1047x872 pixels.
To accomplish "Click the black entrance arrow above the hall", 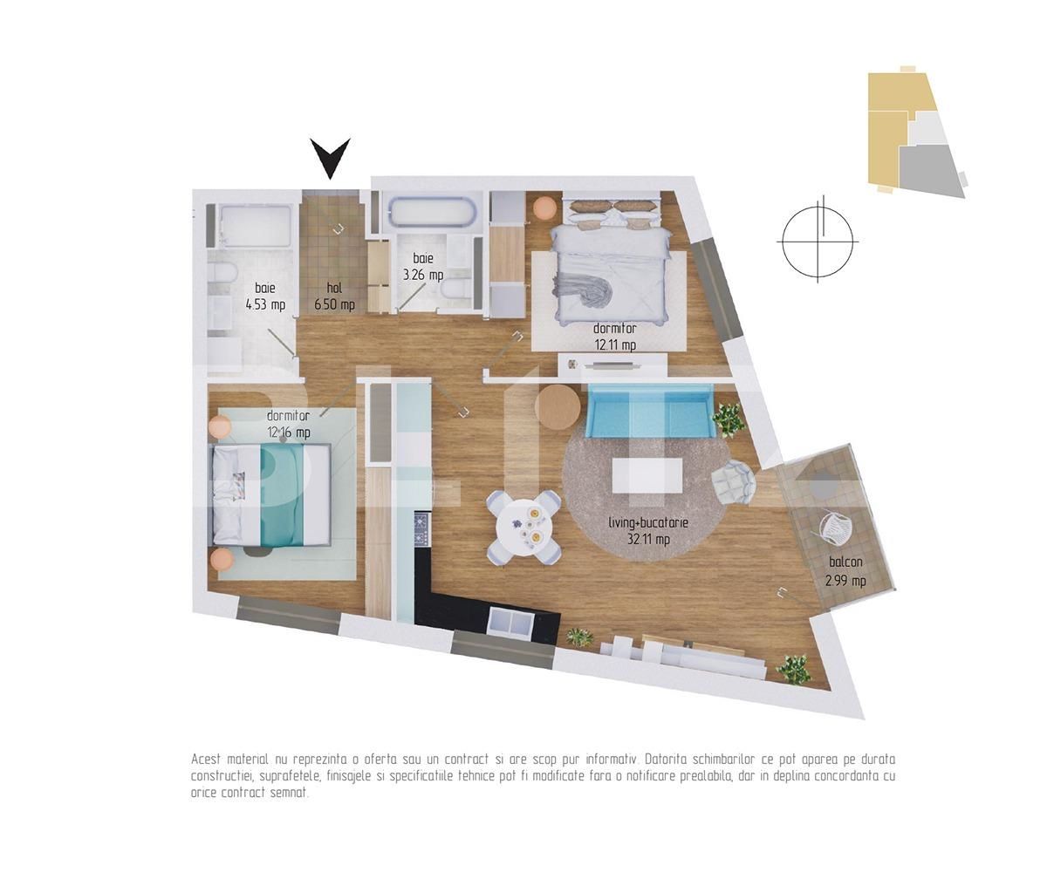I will pyautogui.click(x=331, y=157).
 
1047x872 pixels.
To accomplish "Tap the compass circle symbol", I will pyautogui.click(x=818, y=241).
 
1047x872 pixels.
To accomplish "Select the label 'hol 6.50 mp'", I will pyautogui.click(x=334, y=296).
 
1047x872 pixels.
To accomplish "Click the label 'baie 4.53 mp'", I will pyautogui.click(x=265, y=296).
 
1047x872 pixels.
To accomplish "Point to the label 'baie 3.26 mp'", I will pyautogui.click(x=423, y=267).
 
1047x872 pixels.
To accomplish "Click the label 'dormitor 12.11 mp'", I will pyautogui.click(x=614, y=337).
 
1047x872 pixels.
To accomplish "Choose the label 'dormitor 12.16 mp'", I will pyautogui.click(x=288, y=424).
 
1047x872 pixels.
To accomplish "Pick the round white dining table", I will pyautogui.click(x=523, y=527).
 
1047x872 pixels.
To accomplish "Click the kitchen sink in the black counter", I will pyautogui.click(x=510, y=622).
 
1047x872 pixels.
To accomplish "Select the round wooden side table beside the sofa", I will pyautogui.click(x=557, y=406).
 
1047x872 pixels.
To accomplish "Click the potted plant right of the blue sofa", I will pyautogui.click(x=728, y=419).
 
